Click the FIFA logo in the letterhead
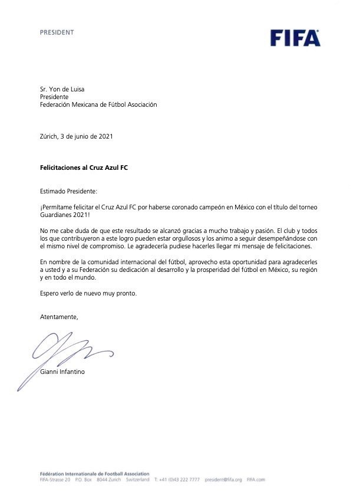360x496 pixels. [x=295, y=38]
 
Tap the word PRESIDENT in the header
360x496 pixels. [x=57, y=32]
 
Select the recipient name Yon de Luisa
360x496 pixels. [x=67, y=89]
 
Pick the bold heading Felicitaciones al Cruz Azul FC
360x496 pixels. [x=84, y=167]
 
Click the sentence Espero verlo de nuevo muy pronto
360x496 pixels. [x=88, y=293]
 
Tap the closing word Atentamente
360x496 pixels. [x=58, y=317]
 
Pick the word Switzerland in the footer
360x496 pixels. [x=137, y=480]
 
